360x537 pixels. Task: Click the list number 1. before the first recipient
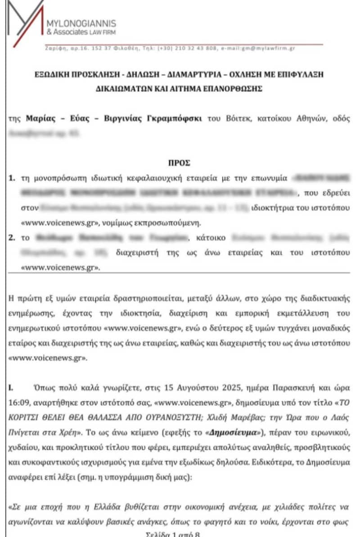tap(13, 179)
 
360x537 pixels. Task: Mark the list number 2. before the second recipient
tap(13, 237)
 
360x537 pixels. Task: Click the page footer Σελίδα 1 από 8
tap(180, 533)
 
